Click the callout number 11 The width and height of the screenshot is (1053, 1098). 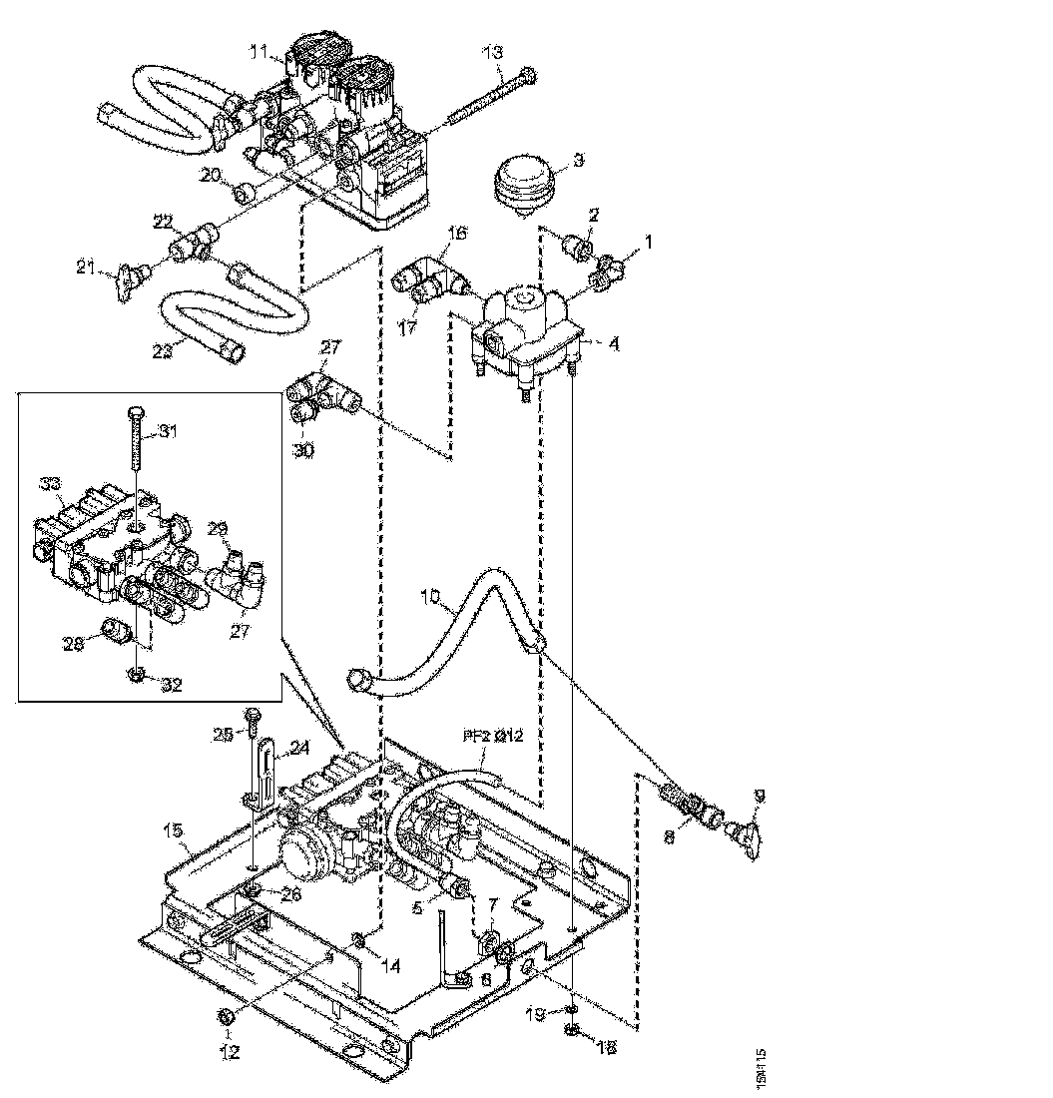pos(257,51)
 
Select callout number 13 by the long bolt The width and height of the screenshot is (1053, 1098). pos(494,53)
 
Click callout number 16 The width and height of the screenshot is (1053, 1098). pos(456,234)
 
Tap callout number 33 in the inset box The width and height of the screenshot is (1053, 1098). pos(51,484)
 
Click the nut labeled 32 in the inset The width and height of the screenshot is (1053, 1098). pos(137,675)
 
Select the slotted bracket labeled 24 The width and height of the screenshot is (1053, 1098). pos(263,769)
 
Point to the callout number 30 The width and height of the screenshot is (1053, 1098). pos(302,450)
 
